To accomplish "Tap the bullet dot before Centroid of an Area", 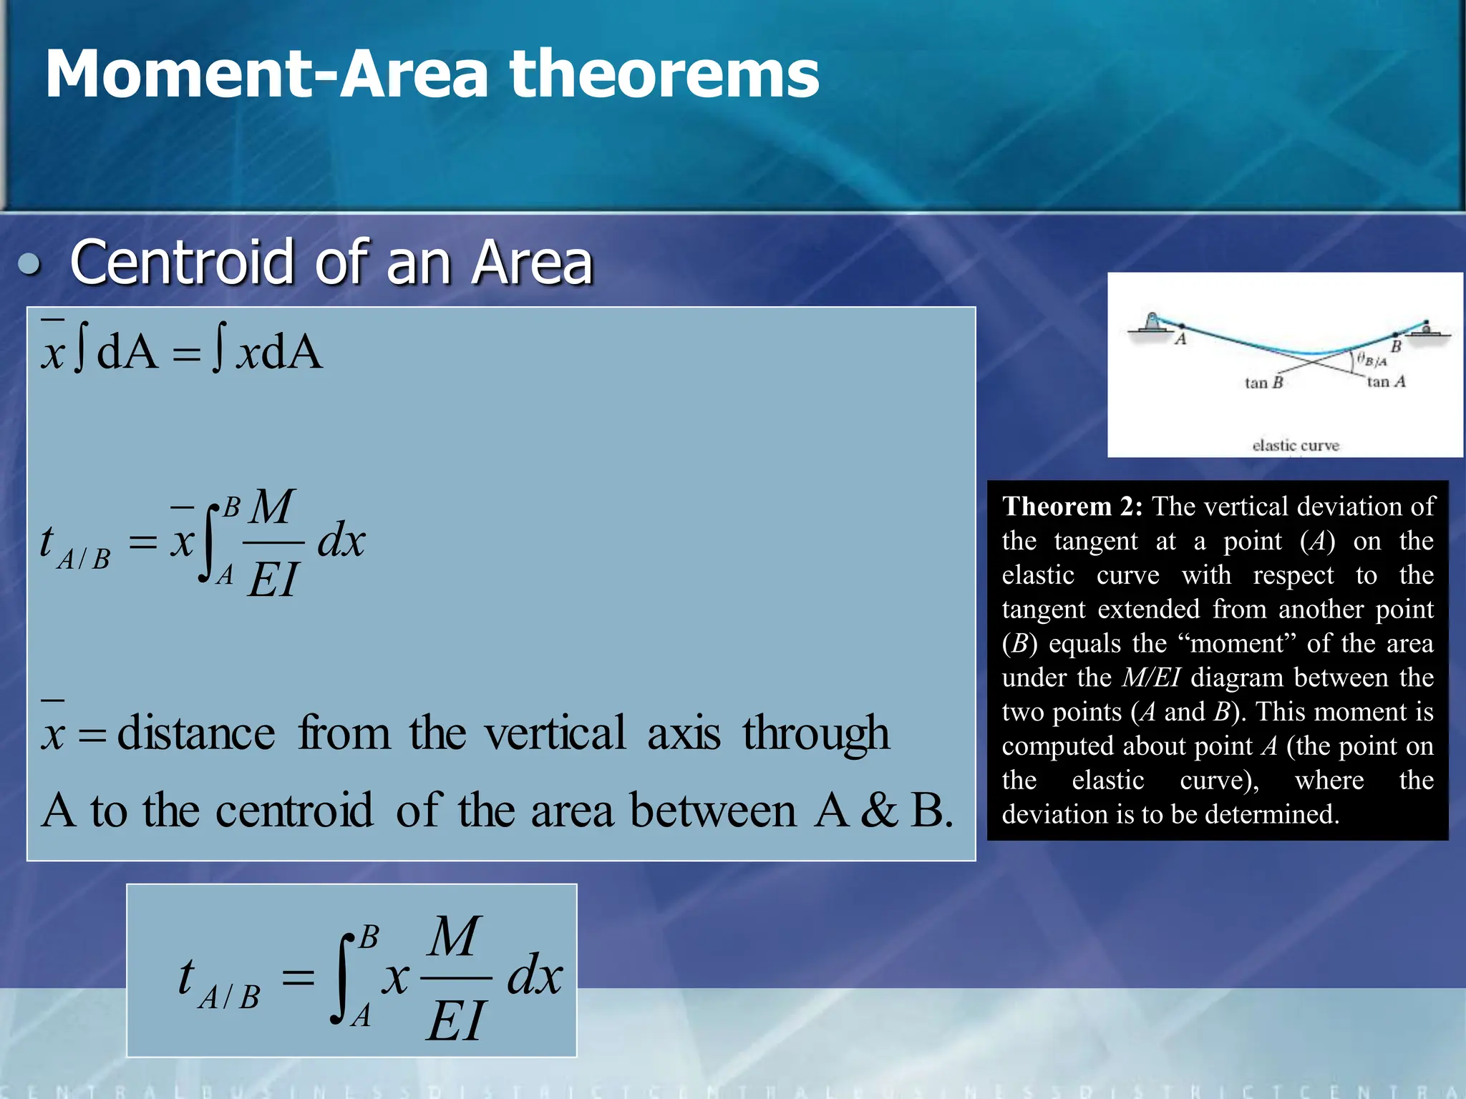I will (x=29, y=264).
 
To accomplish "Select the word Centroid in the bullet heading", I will (x=183, y=263).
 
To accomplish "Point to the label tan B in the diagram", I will (x=1263, y=383).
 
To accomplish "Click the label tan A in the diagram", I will (x=1386, y=381).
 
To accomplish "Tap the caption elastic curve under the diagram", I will (x=1295, y=445).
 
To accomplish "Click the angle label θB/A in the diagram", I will (x=1372, y=360).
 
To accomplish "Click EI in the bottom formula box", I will (x=456, y=1020).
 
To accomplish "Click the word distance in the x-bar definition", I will (x=195, y=733).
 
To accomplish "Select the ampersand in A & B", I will (x=878, y=811).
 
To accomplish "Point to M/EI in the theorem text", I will (x=1150, y=678).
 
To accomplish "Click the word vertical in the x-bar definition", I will (x=554, y=733).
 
